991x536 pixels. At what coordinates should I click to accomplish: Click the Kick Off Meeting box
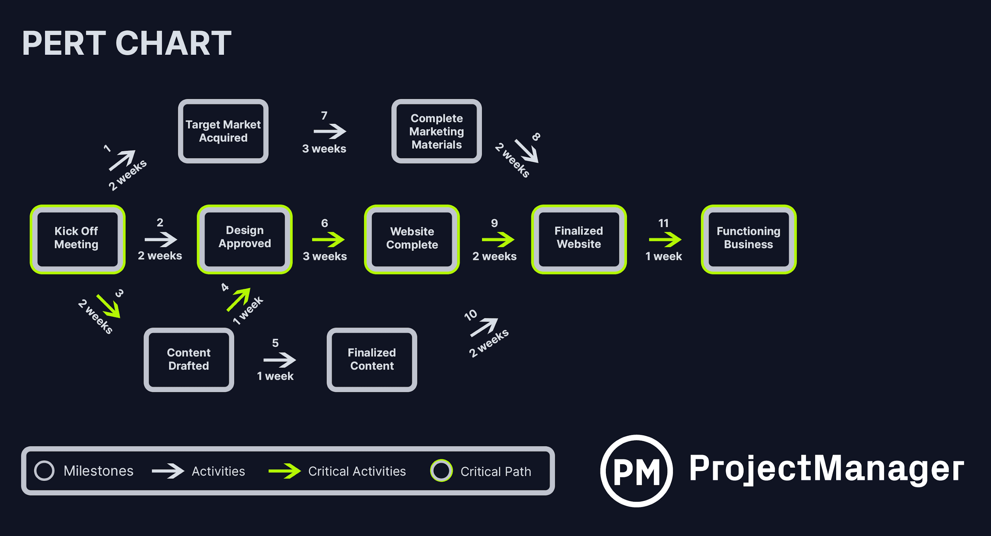click(77, 239)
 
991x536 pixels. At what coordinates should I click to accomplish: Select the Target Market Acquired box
click(223, 131)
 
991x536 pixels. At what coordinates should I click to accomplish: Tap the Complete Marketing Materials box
click(436, 131)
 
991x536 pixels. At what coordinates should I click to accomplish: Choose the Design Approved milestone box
click(245, 239)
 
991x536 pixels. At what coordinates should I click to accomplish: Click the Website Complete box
click(411, 239)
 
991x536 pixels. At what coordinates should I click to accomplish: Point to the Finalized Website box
click(578, 239)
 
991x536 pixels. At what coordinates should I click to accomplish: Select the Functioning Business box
click(748, 239)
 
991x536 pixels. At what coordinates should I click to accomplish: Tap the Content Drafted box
click(189, 360)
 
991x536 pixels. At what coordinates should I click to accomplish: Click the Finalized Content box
click(372, 360)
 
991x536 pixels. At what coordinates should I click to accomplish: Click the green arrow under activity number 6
click(328, 240)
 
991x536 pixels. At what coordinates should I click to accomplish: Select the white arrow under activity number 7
click(330, 131)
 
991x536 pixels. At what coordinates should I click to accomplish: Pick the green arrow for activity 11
click(665, 240)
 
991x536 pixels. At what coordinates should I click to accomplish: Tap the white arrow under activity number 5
click(279, 360)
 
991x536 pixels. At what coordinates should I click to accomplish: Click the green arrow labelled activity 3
click(109, 306)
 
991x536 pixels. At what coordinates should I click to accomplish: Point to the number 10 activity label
click(471, 315)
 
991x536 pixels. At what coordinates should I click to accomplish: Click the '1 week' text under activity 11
click(664, 256)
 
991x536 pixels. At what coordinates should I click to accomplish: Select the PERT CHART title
click(126, 43)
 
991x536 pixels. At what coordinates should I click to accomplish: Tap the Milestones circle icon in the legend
click(44, 471)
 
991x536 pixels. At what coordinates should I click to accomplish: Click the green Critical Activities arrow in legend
click(284, 471)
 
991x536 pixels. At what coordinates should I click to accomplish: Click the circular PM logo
click(636, 471)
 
